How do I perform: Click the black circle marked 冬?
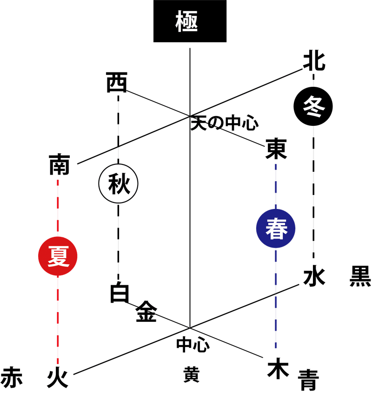[313, 105]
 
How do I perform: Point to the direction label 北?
[314, 61]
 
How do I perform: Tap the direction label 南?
[59, 165]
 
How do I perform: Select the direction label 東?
[276, 150]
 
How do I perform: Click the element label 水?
[314, 277]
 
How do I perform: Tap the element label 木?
[278, 368]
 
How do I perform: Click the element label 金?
[146, 312]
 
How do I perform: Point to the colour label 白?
[120, 293]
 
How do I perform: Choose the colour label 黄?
[191, 374]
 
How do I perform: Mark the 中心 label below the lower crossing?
[192, 344]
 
